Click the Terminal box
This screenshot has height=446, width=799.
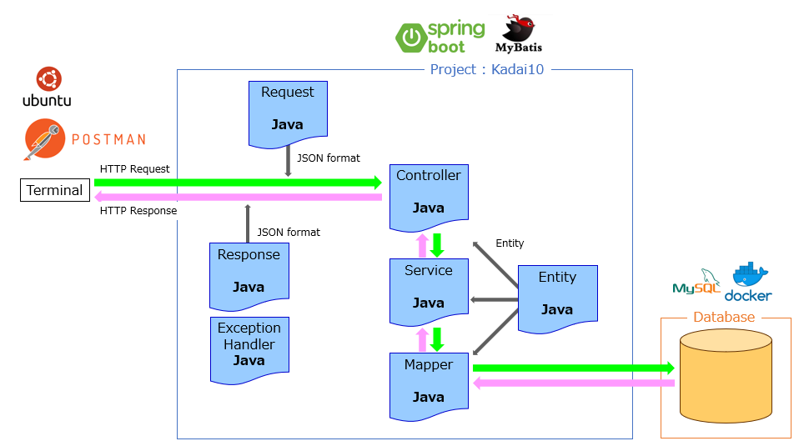[55, 190]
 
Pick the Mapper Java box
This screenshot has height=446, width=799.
[428, 384]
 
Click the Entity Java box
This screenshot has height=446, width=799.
[557, 297]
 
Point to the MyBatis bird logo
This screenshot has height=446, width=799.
[519, 33]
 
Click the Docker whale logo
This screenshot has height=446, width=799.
[748, 283]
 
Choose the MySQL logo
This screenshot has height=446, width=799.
[697, 284]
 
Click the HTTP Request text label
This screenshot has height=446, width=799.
[134, 169]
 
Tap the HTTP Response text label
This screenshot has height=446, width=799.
[138, 211]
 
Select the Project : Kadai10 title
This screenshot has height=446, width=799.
[486, 69]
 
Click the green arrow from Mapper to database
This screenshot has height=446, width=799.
[573, 368]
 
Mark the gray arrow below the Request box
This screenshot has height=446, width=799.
[288, 160]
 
